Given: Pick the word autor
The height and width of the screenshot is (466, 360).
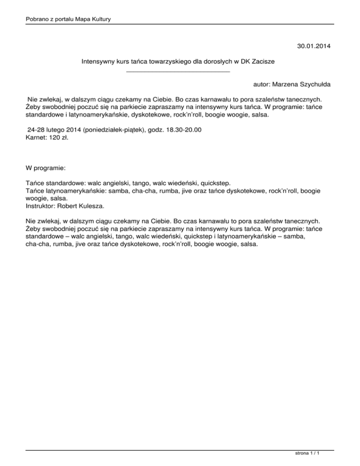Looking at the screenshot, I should click(x=261, y=85).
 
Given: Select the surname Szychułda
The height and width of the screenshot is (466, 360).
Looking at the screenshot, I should click(x=316, y=85).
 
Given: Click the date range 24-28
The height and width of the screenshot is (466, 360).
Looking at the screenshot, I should click(x=37, y=129).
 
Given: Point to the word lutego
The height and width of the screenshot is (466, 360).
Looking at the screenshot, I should click(x=59, y=129).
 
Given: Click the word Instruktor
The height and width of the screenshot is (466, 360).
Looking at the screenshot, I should click(x=40, y=205).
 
